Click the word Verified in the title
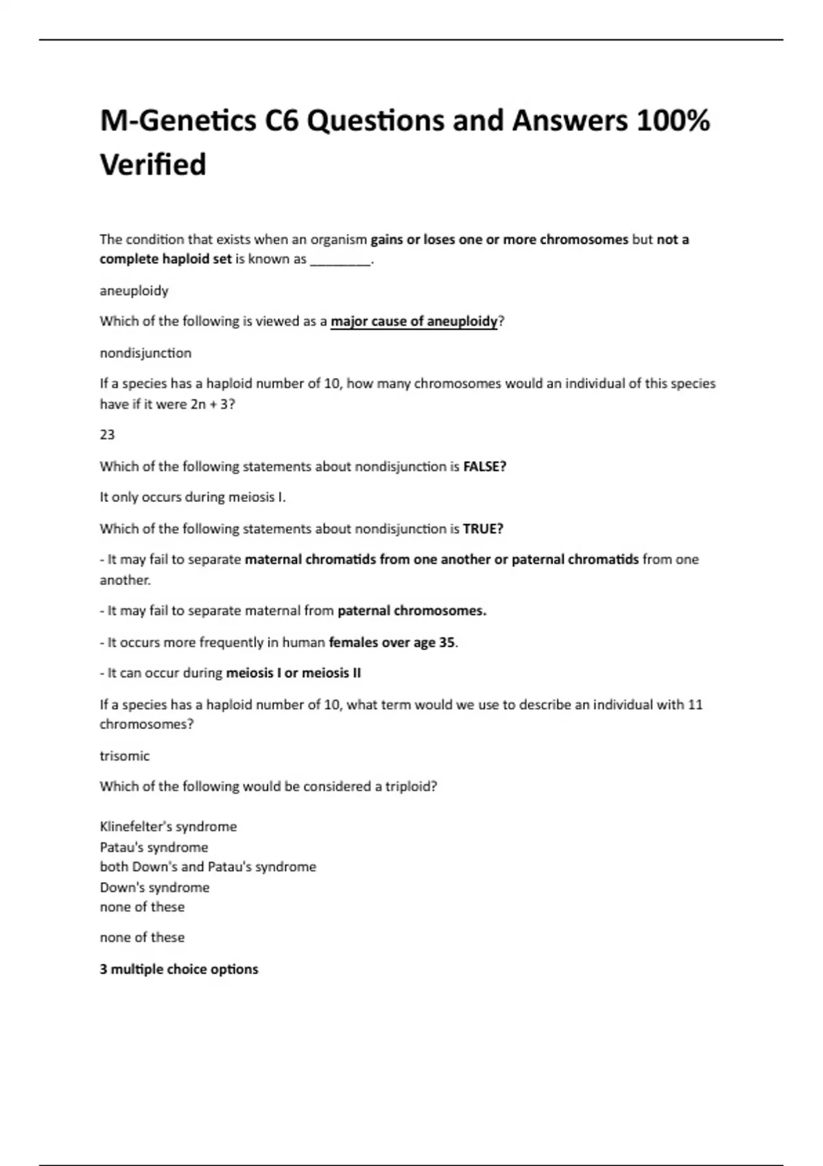[153, 165]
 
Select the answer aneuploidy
[134, 291]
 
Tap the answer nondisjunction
[145, 353]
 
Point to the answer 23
[107, 435]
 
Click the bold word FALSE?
[485, 466]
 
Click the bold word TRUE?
[483, 529]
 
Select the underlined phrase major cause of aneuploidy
[414, 321]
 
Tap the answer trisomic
[124, 756]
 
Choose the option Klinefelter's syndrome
[168, 826]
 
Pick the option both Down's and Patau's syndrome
[208, 867]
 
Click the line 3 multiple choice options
[179, 969]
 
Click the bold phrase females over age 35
[392, 643]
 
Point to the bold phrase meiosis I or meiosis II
[293, 673]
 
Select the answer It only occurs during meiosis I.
[193, 497]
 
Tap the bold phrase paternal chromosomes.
[411, 610]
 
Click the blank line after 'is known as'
[340, 260]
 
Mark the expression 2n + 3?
[213, 404]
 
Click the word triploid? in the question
[411, 787]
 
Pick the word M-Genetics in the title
[178, 121]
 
